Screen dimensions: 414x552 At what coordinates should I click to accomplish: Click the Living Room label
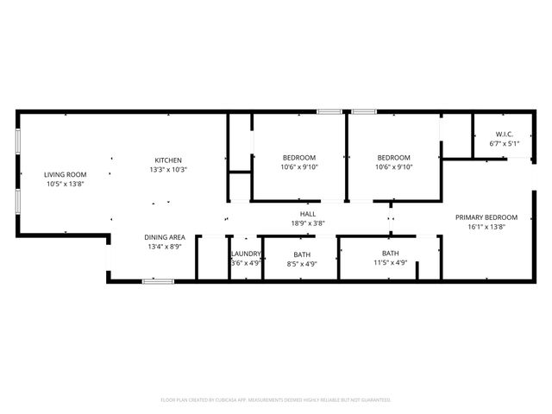tap(66, 174)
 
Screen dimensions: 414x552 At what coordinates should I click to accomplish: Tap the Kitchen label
tap(168, 160)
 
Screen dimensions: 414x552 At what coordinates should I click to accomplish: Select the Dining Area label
tap(164, 237)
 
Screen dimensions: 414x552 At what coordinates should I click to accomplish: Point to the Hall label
tap(308, 213)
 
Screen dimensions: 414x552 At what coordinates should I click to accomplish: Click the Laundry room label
tap(246, 254)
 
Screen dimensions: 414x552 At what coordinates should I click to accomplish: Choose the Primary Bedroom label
tap(486, 217)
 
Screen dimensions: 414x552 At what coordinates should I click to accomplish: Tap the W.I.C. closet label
tap(505, 134)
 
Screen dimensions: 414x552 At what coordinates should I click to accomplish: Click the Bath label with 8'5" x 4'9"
tap(302, 254)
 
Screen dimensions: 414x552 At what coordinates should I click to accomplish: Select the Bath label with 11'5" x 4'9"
tap(391, 254)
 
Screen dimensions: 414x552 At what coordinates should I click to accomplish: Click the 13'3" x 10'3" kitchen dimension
tap(168, 170)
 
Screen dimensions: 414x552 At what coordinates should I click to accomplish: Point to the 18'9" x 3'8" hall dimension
tap(308, 223)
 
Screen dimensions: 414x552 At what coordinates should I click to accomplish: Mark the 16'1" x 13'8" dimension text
tap(486, 227)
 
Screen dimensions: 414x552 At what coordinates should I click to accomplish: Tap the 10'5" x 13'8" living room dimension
tap(66, 184)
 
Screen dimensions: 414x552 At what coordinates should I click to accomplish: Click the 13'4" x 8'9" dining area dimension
tap(164, 247)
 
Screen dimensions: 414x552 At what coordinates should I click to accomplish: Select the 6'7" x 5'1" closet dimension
tap(505, 143)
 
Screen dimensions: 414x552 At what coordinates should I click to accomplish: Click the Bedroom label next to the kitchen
tap(299, 157)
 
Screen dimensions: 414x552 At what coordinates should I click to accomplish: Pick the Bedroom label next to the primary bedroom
tap(393, 157)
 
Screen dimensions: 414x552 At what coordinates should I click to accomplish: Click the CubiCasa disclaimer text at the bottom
tap(276, 400)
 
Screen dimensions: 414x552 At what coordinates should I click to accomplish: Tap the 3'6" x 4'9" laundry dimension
tap(246, 263)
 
